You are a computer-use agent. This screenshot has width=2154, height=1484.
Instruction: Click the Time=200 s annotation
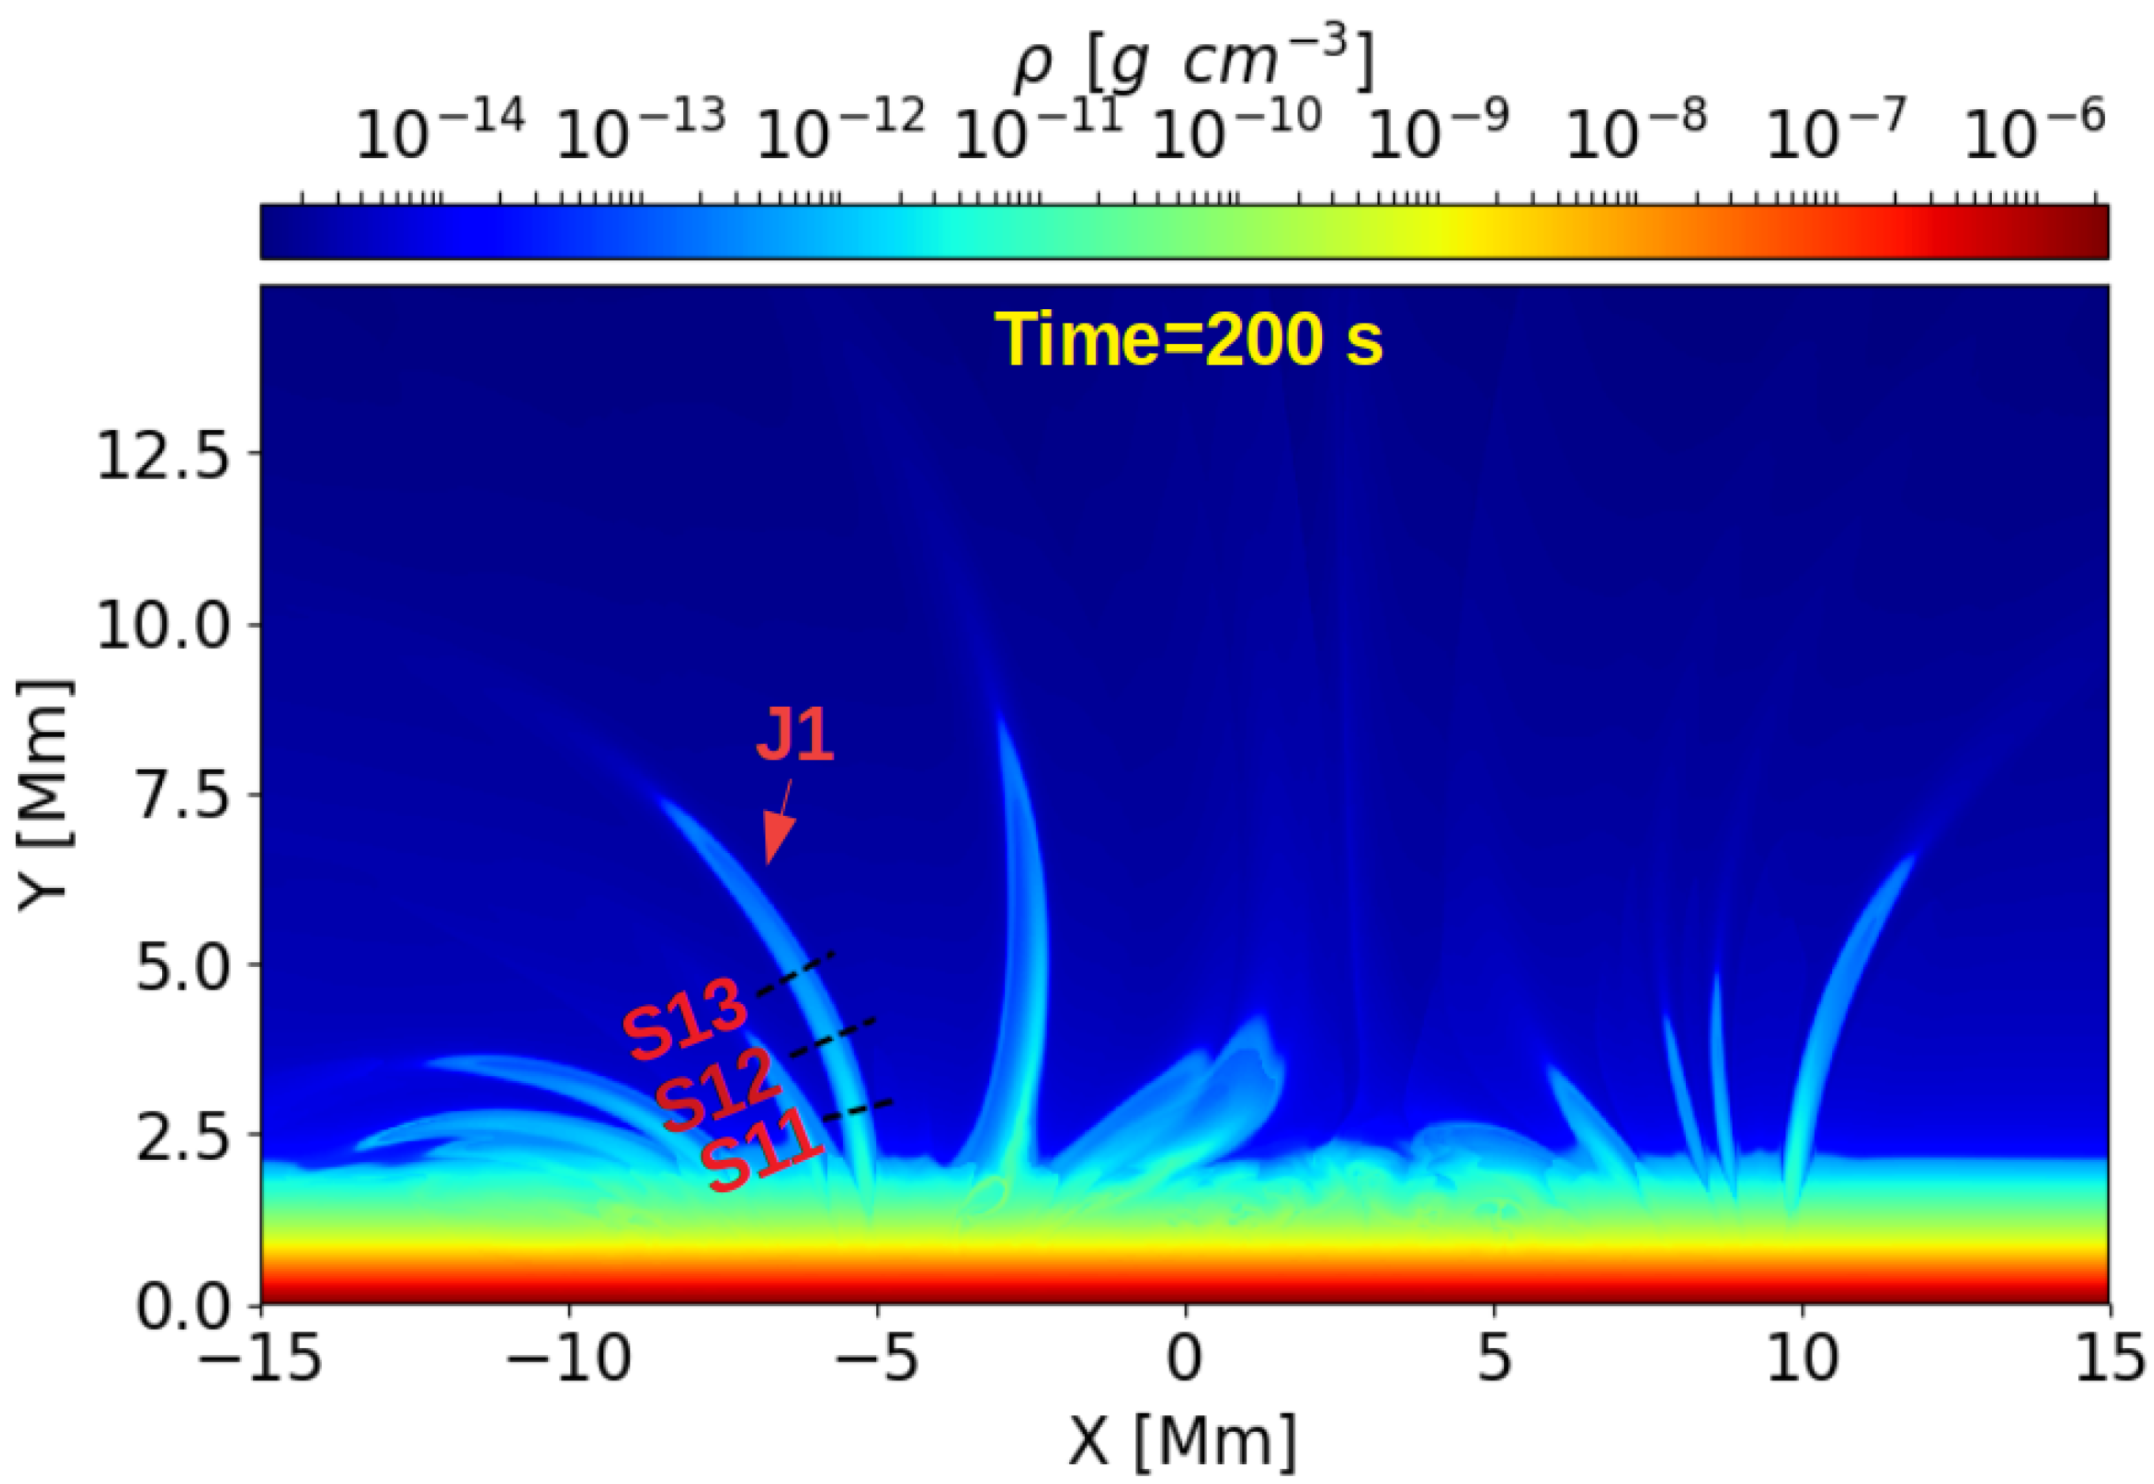click(x=1188, y=340)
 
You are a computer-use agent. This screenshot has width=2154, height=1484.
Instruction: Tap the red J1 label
click(x=795, y=734)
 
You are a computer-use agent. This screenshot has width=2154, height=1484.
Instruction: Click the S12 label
click(x=716, y=1089)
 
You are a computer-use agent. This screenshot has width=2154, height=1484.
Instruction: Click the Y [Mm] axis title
click(x=44, y=796)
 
